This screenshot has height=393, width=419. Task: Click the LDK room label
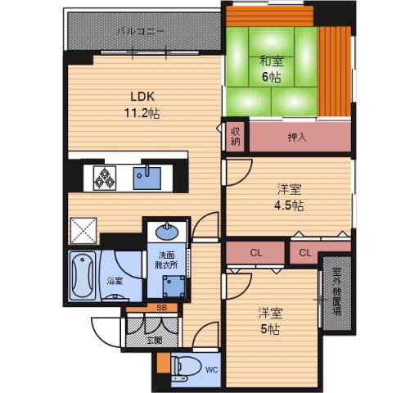point(142,97)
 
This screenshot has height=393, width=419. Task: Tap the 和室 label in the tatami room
point(272,61)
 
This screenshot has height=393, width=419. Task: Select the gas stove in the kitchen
point(105,178)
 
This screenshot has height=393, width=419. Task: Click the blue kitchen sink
point(146,178)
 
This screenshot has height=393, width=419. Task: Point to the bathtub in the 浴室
point(83,276)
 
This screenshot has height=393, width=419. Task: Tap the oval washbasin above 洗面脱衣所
point(167,232)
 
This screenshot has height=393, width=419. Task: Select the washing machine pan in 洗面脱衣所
point(173,286)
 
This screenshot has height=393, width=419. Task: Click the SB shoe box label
point(161,308)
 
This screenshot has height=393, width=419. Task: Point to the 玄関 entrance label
point(155,341)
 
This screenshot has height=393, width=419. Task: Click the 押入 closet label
point(297,138)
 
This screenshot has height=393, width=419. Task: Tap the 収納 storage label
point(235,137)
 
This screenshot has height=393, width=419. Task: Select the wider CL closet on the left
point(255,253)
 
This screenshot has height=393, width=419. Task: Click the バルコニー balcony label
point(141,31)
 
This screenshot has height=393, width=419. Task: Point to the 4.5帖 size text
point(289,206)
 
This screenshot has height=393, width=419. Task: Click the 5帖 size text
point(270,329)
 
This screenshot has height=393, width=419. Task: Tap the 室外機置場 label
point(337,291)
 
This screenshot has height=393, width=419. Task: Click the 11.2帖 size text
point(142,113)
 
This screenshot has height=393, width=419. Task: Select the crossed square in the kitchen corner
point(83,230)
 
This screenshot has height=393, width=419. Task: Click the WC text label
point(212,370)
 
